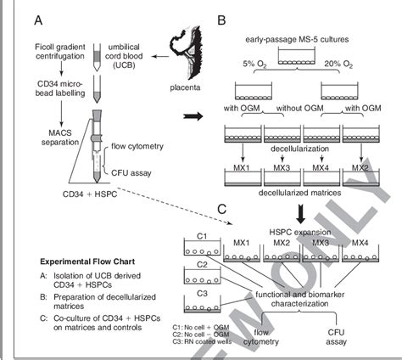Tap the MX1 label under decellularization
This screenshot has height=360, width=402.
pos(240,169)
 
